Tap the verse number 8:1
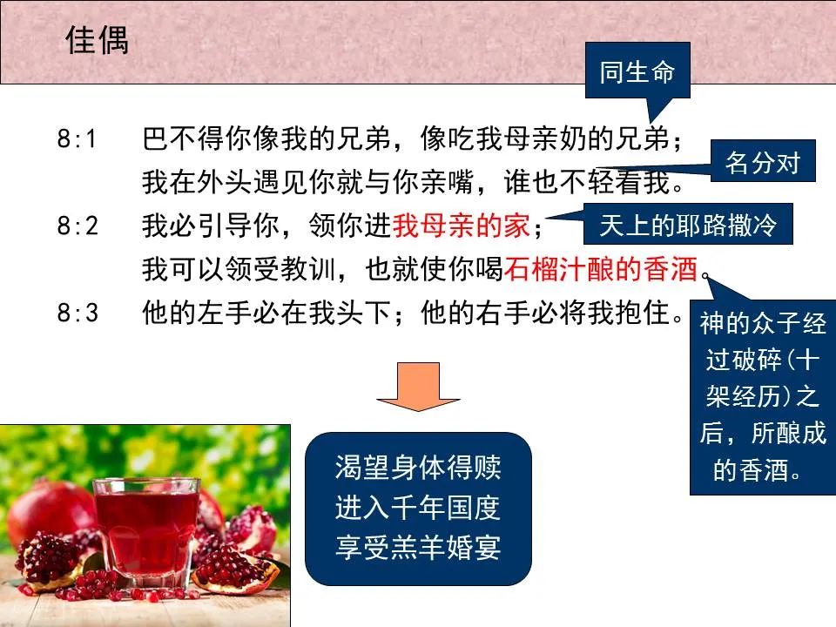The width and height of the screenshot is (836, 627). (78, 139)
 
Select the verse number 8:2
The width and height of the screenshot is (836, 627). (78, 227)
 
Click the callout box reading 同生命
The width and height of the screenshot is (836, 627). (637, 73)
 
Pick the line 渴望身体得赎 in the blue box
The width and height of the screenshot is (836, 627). (418, 468)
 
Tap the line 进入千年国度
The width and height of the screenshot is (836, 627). (418, 508)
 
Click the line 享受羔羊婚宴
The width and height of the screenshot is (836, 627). (418, 547)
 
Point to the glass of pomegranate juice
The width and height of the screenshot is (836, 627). (145, 528)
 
